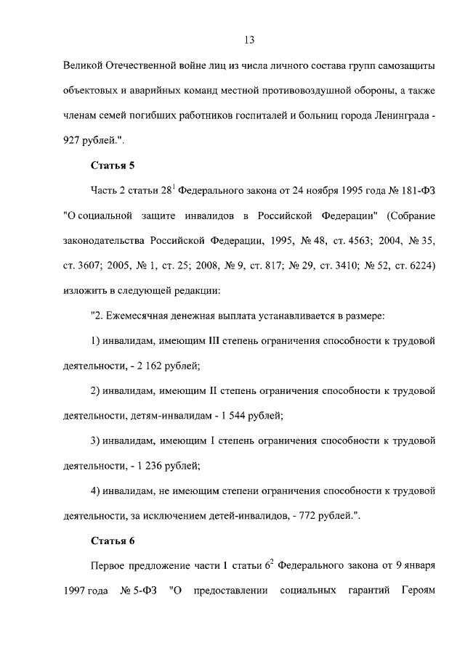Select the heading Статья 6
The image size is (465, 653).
[x=113, y=541]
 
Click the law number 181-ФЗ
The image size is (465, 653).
[x=415, y=192]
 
